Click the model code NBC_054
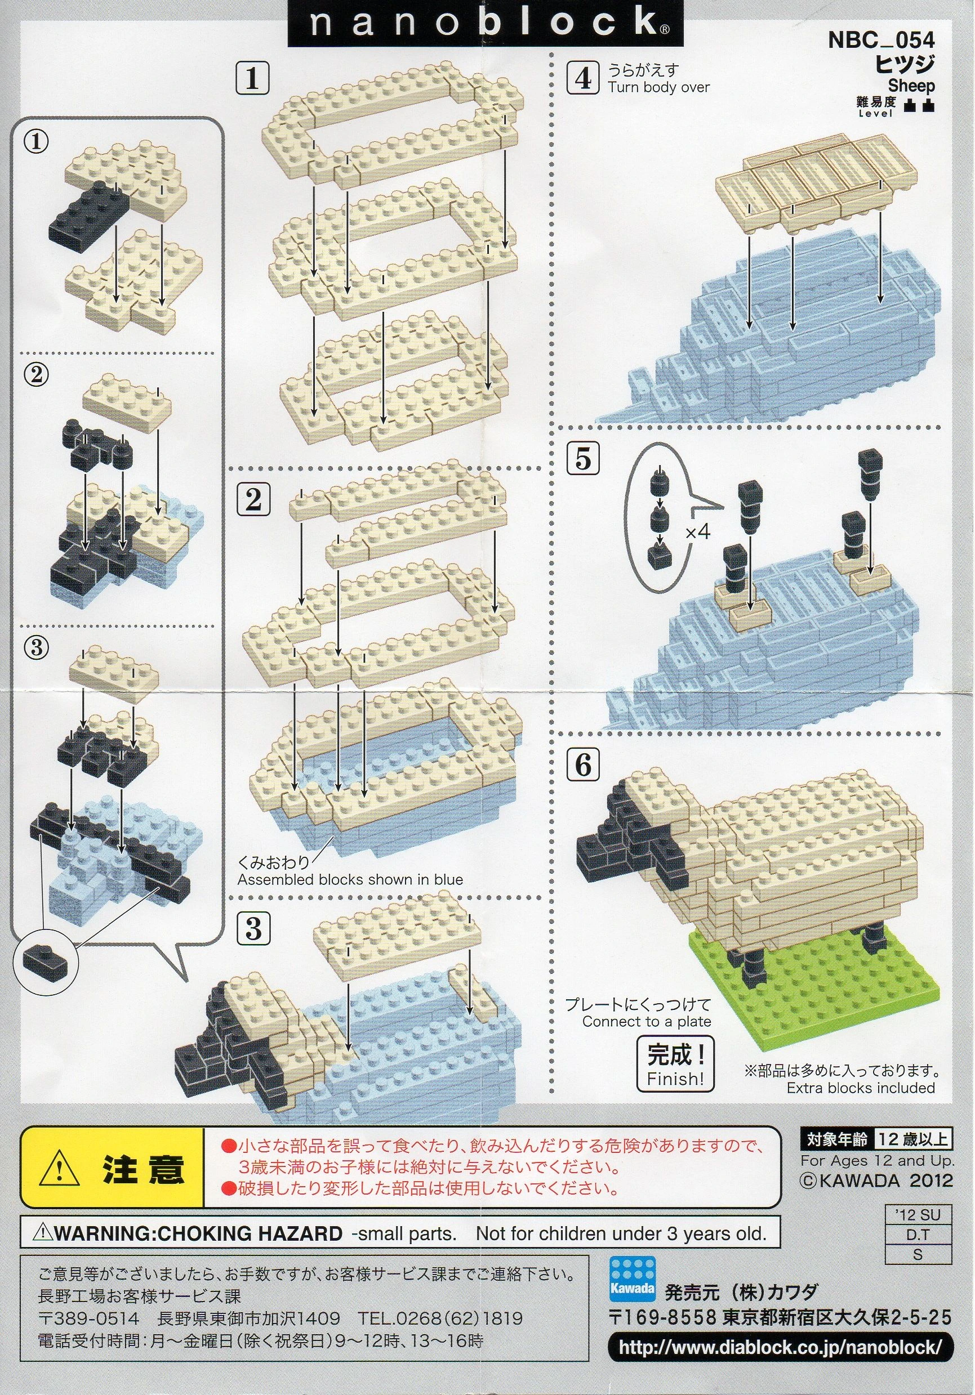pyautogui.click(x=881, y=41)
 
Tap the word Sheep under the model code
pyautogui.click(x=911, y=86)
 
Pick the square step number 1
pyautogui.click(x=252, y=79)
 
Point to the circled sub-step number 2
pyautogui.click(x=36, y=374)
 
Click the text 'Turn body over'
pyautogui.click(x=659, y=87)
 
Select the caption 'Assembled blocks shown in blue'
pyautogui.click(x=350, y=879)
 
